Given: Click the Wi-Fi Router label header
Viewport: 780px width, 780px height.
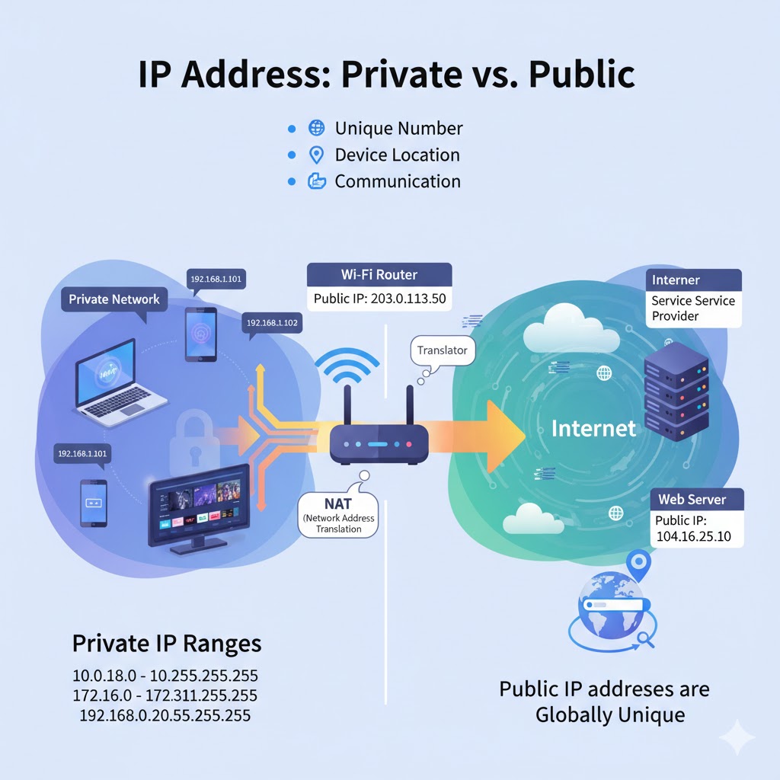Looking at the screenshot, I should (x=379, y=274).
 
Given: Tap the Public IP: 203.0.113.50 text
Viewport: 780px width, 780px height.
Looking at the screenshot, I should (x=379, y=299).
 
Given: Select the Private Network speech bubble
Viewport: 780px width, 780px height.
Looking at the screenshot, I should (x=114, y=299).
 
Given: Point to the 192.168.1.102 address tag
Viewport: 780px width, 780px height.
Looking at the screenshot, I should (x=272, y=323).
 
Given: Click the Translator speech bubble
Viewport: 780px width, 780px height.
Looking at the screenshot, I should (x=443, y=351).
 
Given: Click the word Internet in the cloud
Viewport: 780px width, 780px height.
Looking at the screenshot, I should (x=593, y=428).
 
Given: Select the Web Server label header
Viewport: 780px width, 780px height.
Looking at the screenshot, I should (x=692, y=500).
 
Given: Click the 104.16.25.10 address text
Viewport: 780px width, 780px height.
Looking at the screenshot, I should (x=692, y=536).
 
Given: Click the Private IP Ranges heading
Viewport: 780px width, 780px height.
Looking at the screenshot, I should (x=167, y=644).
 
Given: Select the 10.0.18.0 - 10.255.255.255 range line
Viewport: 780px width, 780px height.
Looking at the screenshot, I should (x=165, y=676).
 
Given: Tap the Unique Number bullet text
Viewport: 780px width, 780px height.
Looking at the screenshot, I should (x=398, y=129).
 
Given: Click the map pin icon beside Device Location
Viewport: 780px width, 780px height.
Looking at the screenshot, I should (x=316, y=155).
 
